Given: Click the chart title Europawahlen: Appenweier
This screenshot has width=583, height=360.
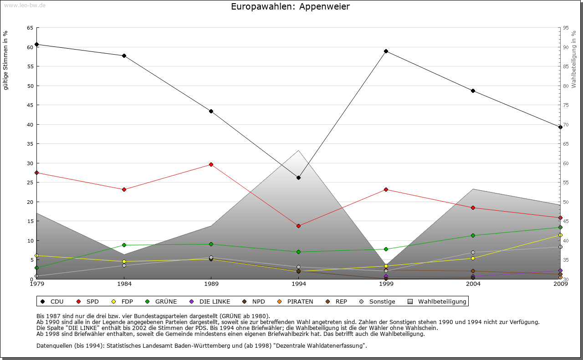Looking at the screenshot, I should pos(290,6).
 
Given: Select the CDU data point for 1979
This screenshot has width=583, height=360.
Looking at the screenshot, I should pos(36,45).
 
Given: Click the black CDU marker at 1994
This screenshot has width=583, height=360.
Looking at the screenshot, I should pos(298,177).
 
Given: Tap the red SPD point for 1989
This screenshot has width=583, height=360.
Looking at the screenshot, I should pos(211,164).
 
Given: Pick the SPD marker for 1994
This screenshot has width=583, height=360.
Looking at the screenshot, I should pos(298,226).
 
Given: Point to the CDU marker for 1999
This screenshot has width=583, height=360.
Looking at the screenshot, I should pos(386,51).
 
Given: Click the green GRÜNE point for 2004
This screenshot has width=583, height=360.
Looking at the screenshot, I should pos(473,235).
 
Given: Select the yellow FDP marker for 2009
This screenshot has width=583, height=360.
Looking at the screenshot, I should pos(560,235).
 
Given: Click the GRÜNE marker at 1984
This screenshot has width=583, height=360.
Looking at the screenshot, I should pos(124,245).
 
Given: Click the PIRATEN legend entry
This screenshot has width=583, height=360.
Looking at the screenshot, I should pos(296,301).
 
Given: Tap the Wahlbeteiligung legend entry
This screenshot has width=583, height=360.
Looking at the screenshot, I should pos(437,301).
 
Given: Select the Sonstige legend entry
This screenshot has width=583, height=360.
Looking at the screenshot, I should pos(378,301).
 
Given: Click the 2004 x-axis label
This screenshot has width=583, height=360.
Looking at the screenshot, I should pos(473,284).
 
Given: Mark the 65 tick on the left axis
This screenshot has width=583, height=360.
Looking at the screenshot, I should pos(30,28).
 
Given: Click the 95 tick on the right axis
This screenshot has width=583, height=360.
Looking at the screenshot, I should pos(566,28).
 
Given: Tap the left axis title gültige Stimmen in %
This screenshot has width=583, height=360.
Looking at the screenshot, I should pos(6,61).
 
